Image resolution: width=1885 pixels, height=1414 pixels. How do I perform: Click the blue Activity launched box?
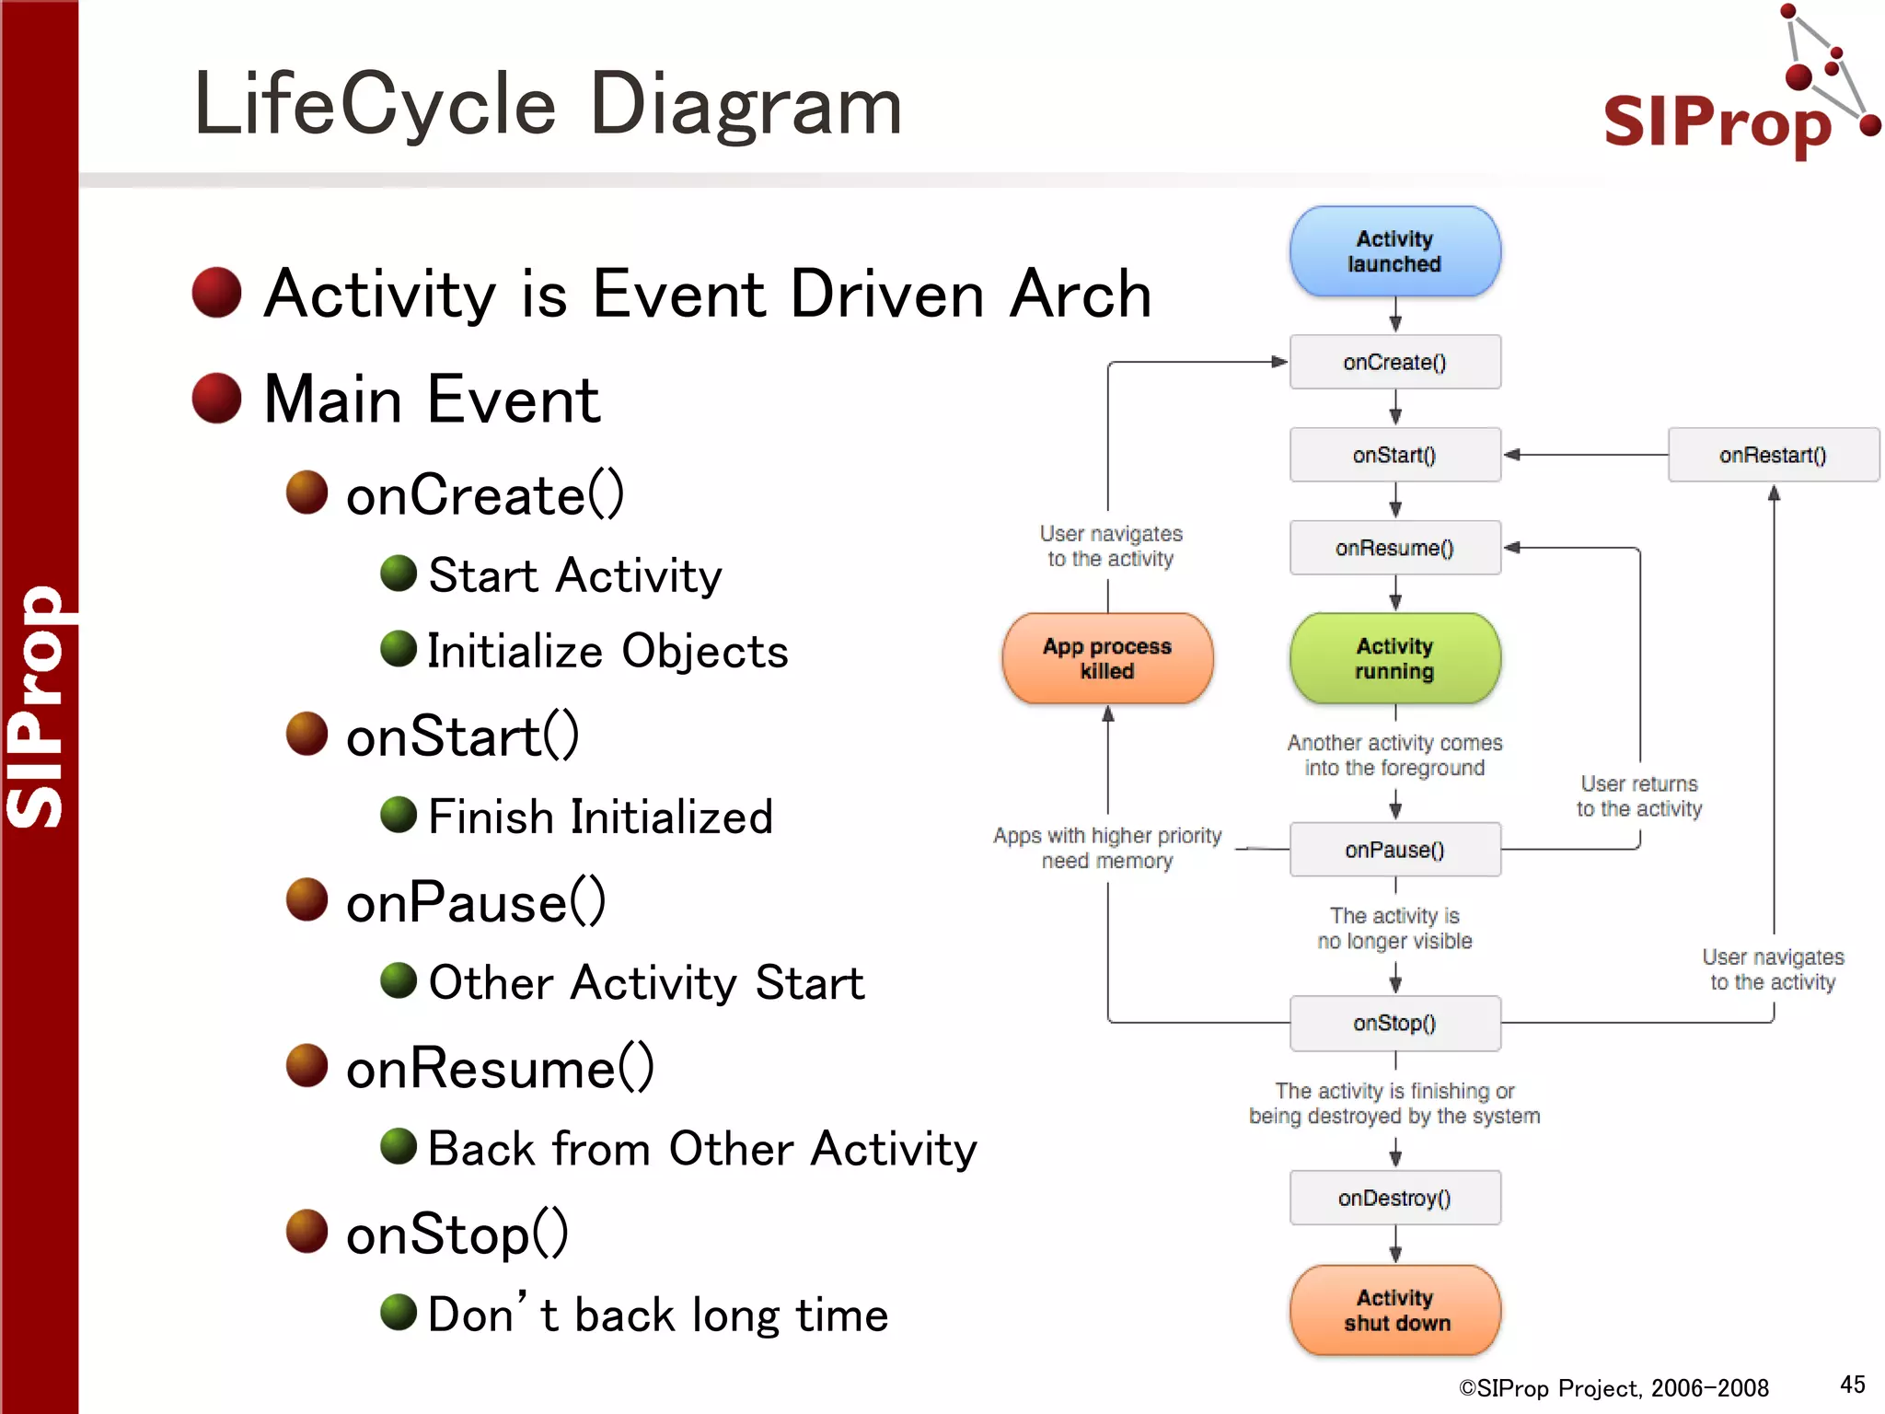point(1394,251)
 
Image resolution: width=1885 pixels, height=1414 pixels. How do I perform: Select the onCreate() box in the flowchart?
point(1394,362)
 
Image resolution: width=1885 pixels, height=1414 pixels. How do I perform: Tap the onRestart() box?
point(1773,455)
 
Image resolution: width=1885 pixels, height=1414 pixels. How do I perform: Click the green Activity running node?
point(1394,658)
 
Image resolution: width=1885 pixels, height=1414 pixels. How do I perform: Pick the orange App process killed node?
point(1107,658)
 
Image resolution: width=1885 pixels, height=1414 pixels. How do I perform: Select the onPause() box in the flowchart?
point(1394,850)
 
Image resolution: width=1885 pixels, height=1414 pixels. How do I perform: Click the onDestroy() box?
point(1394,1198)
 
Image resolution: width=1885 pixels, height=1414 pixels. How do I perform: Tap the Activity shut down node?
point(1394,1310)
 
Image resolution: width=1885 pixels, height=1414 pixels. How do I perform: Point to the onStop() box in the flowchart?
point(1394,1023)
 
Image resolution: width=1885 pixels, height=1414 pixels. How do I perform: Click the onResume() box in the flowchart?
point(1394,548)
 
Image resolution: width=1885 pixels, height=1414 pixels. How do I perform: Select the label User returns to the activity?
point(1639,796)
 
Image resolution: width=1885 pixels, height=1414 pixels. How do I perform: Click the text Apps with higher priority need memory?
point(1107,848)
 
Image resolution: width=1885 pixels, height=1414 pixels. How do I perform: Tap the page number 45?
point(1852,1385)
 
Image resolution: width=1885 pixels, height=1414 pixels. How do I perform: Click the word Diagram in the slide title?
point(746,105)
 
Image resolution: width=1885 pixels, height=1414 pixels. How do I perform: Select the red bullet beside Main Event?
point(217,399)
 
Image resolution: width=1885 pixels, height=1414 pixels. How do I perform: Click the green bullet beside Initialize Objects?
point(399,649)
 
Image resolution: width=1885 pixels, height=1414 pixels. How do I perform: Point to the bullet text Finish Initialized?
point(600,817)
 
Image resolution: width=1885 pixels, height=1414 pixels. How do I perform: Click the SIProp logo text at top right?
point(1717,122)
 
